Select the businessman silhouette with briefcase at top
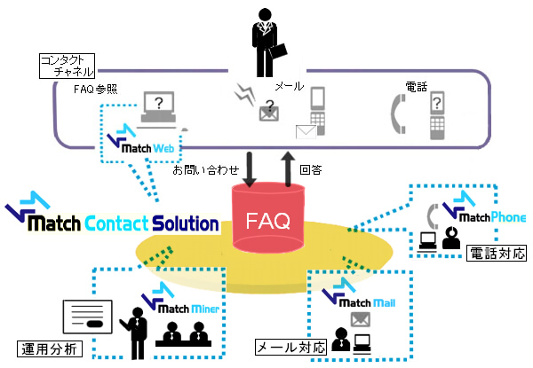click(266, 42)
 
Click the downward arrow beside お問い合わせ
click(248, 169)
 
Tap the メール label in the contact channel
click(290, 87)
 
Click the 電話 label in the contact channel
click(415, 87)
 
